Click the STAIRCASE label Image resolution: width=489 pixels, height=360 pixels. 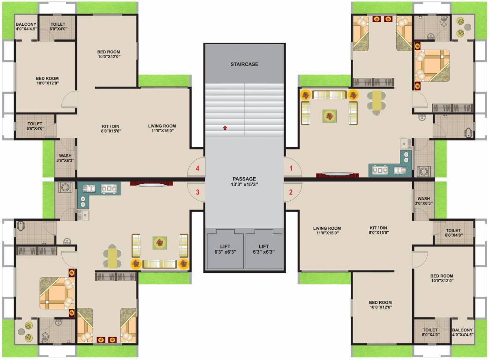244,64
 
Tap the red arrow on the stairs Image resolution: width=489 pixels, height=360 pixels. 225,127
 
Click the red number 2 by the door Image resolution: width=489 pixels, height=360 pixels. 291,192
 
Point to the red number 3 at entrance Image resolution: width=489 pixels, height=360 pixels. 197,192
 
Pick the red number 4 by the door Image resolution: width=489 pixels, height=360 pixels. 197,168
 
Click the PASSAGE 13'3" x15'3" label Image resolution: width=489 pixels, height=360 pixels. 244,182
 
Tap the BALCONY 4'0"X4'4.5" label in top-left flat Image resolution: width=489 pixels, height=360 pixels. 26,27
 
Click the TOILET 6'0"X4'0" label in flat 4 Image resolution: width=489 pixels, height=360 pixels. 58,27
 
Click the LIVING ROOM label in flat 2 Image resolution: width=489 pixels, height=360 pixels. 327,230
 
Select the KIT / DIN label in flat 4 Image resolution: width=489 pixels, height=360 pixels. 112,128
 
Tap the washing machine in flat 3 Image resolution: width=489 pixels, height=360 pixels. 65,188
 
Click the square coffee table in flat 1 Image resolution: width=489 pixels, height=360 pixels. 329,116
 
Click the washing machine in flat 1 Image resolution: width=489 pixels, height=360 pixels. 424,171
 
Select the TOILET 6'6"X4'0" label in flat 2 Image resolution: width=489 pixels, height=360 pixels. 453,232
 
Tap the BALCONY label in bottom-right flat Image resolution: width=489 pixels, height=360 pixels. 463,332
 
